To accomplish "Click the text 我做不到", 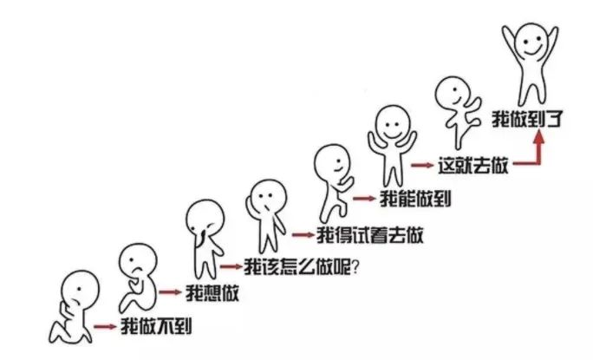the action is [x=156, y=326].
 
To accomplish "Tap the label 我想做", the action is [x=212, y=292].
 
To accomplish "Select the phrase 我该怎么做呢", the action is [x=297, y=267].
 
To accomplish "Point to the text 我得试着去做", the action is [x=369, y=235].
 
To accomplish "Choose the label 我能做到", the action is [x=415, y=199].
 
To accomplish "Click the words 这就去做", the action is [x=472, y=166].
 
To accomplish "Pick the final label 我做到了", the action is [x=527, y=119].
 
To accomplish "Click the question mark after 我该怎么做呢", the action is [x=355, y=268].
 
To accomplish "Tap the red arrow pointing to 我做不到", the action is [x=105, y=327].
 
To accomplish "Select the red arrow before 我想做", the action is [x=170, y=292].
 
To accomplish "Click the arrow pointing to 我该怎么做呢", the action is [x=231, y=267].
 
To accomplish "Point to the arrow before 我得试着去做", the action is [x=303, y=235].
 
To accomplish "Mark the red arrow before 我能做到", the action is [x=364, y=198].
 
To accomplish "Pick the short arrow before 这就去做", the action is [x=422, y=165].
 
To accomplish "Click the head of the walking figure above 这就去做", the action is [x=453, y=93].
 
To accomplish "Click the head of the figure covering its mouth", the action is [x=205, y=218].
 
